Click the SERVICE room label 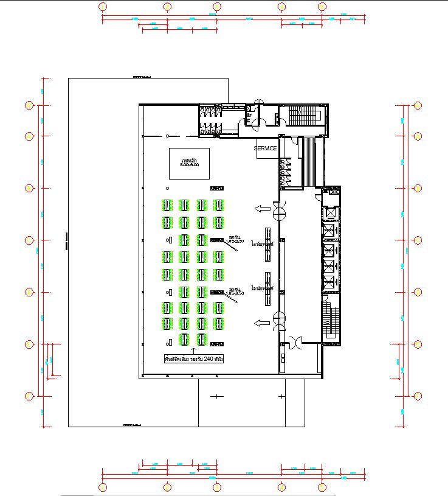pyautogui.click(x=265, y=148)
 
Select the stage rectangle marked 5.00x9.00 pyautogui.click(x=189, y=162)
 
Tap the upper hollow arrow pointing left pyautogui.click(x=263, y=209)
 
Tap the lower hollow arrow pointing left pyautogui.click(x=263, y=323)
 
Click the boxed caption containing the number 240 pyautogui.click(x=194, y=360)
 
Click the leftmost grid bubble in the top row pyautogui.click(x=103, y=7)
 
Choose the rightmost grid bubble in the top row pyautogui.click(x=322, y=7)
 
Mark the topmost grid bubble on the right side pyautogui.click(x=418, y=105)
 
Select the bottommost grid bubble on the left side pyautogui.click(x=29, y=396)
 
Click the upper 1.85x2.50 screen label pyautogui.click(x=234, y=240)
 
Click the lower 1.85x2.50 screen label pyautogui.click(x=234, y=292)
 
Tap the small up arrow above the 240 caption pyautogui.click(x=194, y=351)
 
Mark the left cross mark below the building pyautogui.click(x=216, y=396)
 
